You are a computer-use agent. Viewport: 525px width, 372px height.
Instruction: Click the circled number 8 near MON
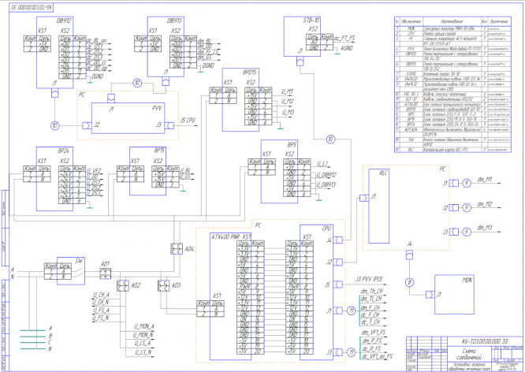pos(408,281)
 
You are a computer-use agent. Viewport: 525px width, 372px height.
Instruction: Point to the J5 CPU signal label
pos(191,121)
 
